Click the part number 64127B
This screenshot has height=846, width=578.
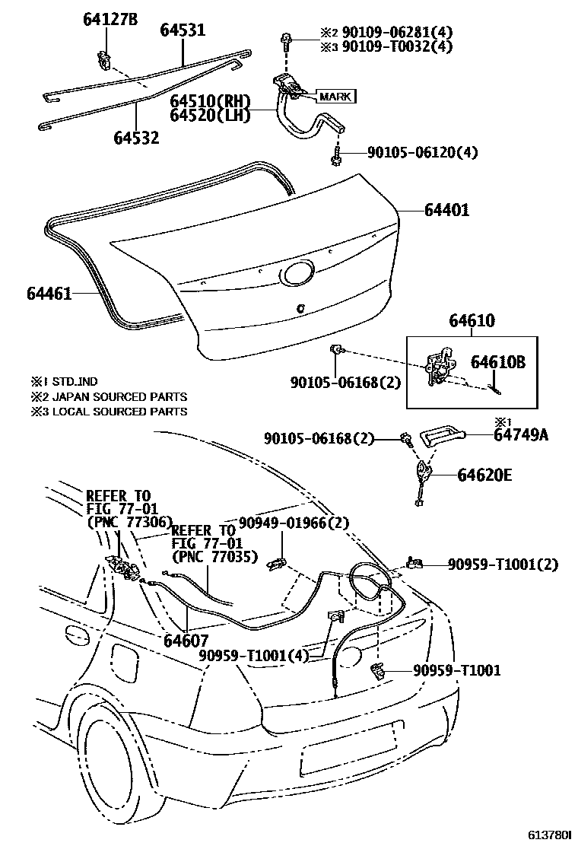click(x=110, y=20)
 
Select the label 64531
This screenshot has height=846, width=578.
click(x=183, y=30)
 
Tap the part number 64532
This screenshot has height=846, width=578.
click(x=137, y=138)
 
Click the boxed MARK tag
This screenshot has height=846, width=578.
click(x=335, y=97)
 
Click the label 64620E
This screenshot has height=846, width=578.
click(x=484, y=475)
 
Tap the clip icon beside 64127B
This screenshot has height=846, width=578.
click(x=103, y=57)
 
